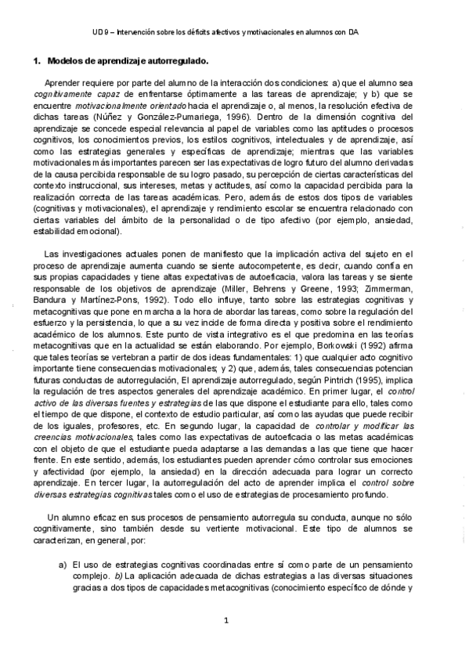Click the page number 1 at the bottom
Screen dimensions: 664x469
[x=225, y=621]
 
